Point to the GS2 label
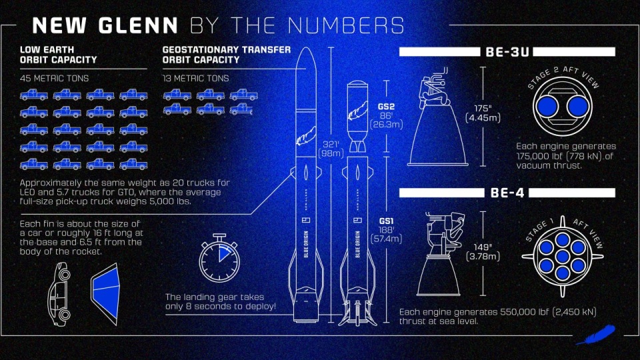tap(387, 106)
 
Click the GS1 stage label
tap(387, 221)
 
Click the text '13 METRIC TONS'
tap(196, 78)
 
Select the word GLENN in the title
tap(136, 26)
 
